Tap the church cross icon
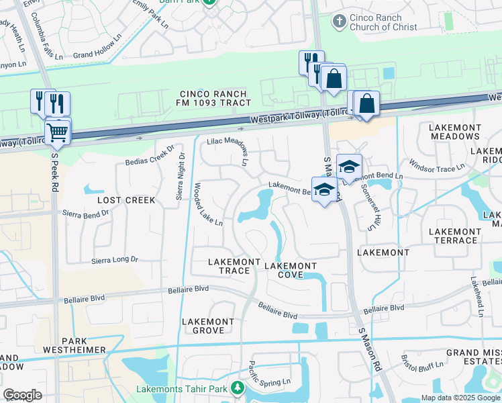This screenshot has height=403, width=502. click(340, 22)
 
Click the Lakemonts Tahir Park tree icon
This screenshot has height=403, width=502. click(237, 388)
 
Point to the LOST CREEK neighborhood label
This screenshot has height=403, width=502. click(126, 200)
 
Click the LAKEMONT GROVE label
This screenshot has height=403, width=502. click(209, 326)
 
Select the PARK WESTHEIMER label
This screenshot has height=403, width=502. click(74, 345)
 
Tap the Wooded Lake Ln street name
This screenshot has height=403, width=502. click(208, 205)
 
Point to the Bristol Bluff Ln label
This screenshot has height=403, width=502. click(422, 363)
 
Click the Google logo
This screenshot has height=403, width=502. click(22, 395)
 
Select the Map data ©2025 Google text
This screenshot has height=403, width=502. click(460, 398)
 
